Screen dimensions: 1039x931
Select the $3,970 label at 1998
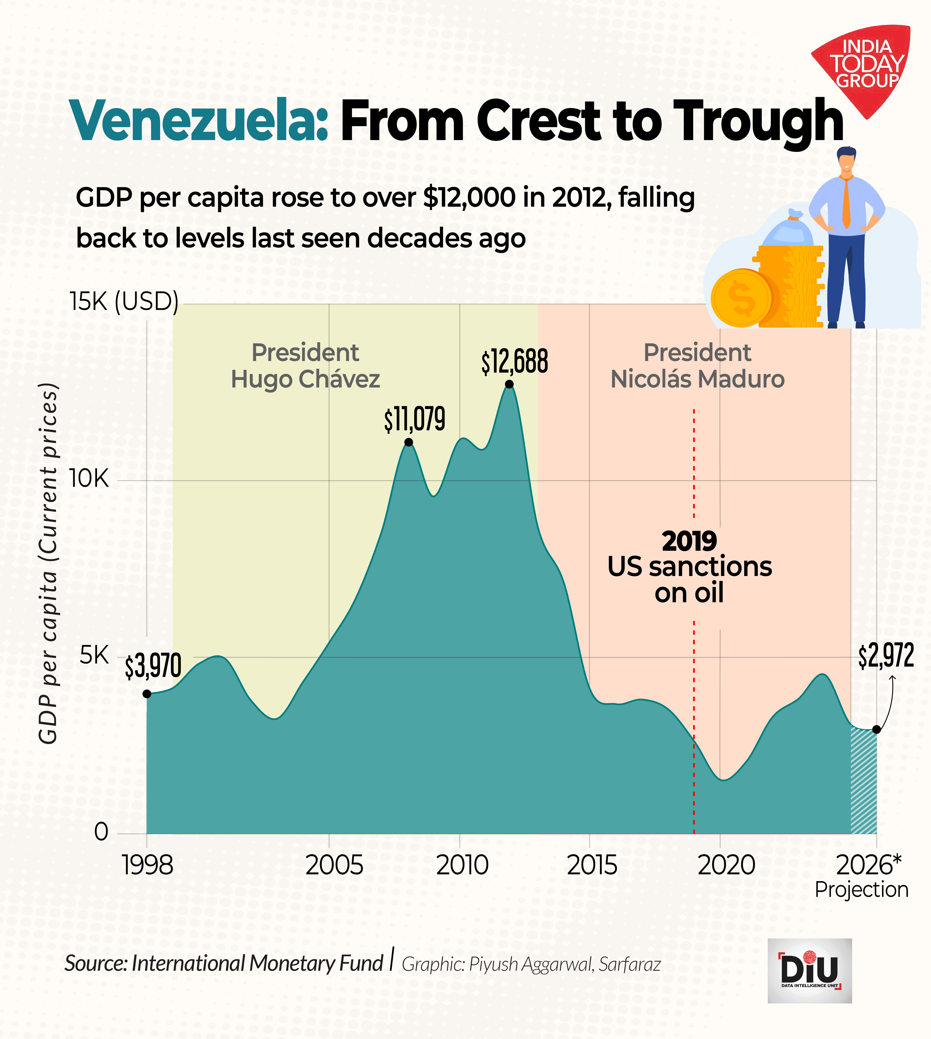pos(153,666)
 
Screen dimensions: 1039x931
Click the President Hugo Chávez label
pos(305,366)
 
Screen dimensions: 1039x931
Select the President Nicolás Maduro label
pos(697,366)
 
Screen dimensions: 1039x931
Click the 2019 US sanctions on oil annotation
pos(690,567)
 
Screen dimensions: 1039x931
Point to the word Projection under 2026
pos(861,890)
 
